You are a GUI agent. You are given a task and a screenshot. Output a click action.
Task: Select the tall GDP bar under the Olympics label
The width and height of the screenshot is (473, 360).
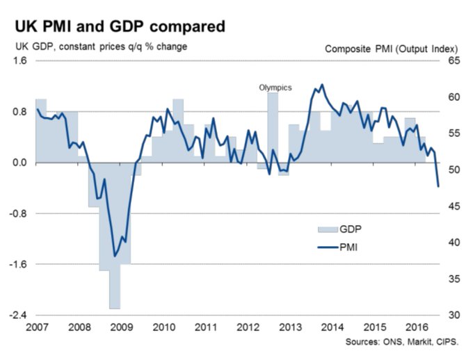(x=273, y=129)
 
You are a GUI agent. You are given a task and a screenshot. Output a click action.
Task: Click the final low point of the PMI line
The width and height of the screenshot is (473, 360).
(x=438, y=186)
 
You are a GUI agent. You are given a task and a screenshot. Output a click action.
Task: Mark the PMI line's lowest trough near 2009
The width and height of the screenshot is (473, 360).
(x=115, y=256)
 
